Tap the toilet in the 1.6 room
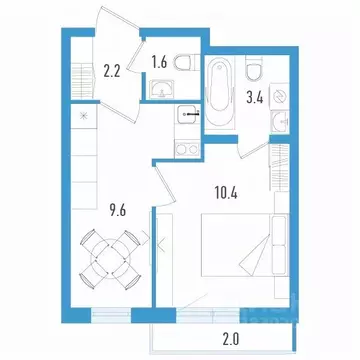pyautogui.click(x=182, y=62)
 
